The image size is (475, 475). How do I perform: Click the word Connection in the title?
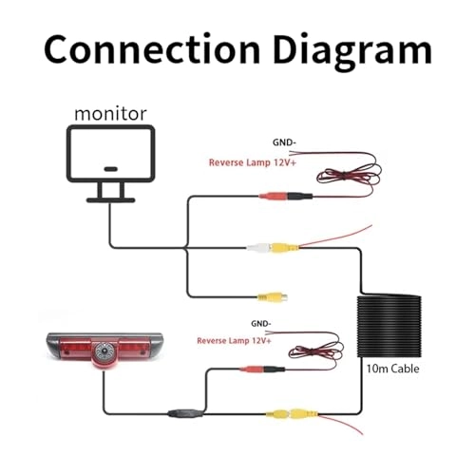click(152, 50)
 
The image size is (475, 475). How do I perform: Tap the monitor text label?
click(110, 114)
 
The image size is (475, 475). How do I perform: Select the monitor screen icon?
click(110, 163)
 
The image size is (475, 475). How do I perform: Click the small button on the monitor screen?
click(110, 169)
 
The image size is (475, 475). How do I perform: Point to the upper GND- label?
click(284, 142)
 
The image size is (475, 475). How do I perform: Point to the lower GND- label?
click(261, 324)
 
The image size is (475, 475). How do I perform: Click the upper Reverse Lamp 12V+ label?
click(253, 162)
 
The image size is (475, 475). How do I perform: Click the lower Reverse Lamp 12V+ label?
click(234, 341)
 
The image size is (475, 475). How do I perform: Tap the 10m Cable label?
click(392, 369)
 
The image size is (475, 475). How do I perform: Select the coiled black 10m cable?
click(389, 326)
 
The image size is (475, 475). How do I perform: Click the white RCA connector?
click(258, 248)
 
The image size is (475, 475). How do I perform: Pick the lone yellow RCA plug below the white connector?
click(272, 297)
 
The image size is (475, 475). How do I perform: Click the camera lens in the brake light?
click(104, 351)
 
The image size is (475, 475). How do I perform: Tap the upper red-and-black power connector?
click(286, 196)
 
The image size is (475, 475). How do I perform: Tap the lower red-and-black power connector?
click(261, 369)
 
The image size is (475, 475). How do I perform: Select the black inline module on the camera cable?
click(186, 413)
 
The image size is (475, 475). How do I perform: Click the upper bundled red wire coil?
click(349, 177)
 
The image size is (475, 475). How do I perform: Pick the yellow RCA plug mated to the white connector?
click(284, 248)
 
